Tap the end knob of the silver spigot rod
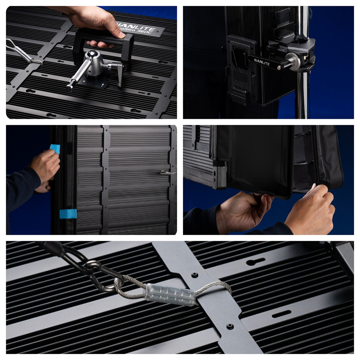[69, 87]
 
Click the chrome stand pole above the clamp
[302, 22]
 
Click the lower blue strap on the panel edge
[68, 213]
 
